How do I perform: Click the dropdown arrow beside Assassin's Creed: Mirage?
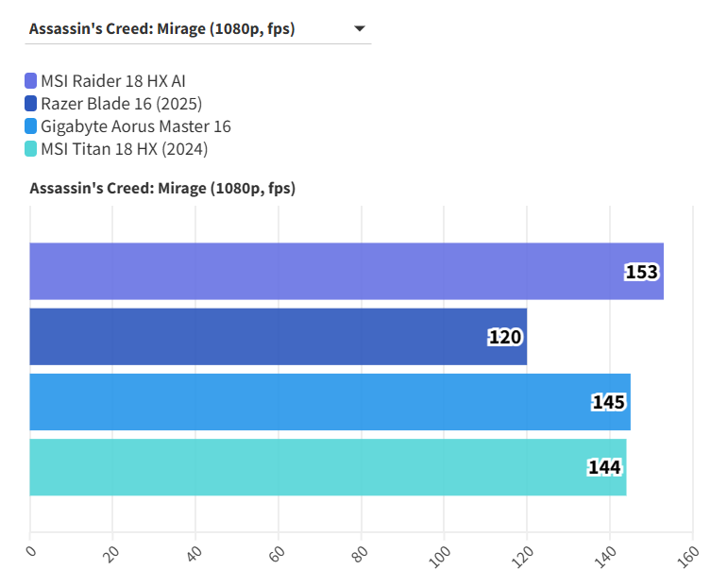359,29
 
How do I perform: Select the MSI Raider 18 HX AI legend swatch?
31,80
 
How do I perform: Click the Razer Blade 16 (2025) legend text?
122,103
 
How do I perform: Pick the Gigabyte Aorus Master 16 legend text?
136,126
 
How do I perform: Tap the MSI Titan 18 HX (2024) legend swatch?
31,149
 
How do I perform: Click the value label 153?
641,272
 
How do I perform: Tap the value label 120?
505,337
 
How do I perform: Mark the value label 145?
608,403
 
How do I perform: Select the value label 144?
604,468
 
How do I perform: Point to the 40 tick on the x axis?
196,552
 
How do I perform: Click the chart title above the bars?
162,189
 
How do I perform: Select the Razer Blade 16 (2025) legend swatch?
31,103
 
